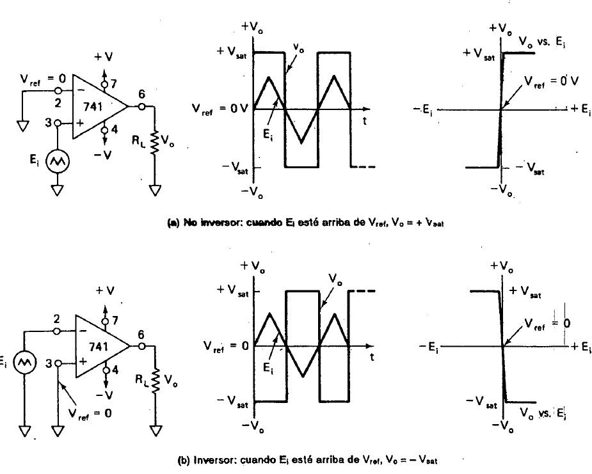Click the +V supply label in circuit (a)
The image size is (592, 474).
[104, 57]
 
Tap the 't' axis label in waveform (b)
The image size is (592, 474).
[372, 358]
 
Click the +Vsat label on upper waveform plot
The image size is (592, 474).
[229, 52]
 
